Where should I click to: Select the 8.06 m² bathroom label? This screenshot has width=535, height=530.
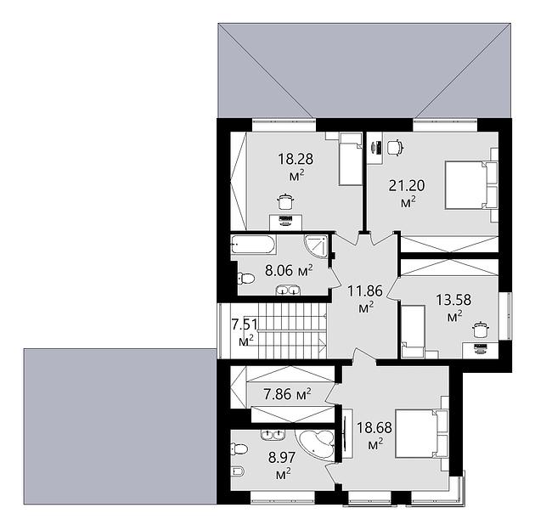289,271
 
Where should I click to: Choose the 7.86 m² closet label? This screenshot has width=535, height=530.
287,394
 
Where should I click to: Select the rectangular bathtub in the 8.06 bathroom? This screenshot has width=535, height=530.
253,244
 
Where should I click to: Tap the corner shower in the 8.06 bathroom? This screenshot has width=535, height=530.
316,247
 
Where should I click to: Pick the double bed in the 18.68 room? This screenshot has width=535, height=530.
421,433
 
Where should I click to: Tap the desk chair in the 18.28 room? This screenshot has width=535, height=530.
285,201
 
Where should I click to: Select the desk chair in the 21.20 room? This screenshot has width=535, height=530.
396,147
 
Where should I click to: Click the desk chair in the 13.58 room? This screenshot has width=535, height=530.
481,330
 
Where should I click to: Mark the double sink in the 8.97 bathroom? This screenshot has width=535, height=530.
273,434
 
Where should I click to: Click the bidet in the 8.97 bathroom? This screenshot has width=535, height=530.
238,471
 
